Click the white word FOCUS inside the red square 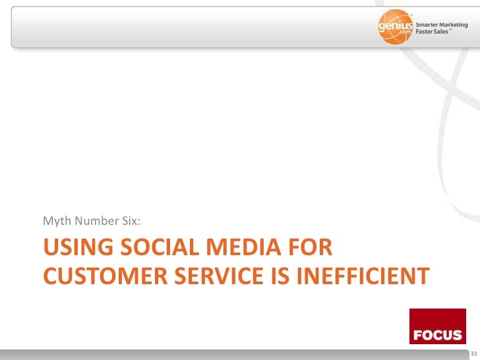pyautogui.click(x=437, y=336)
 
